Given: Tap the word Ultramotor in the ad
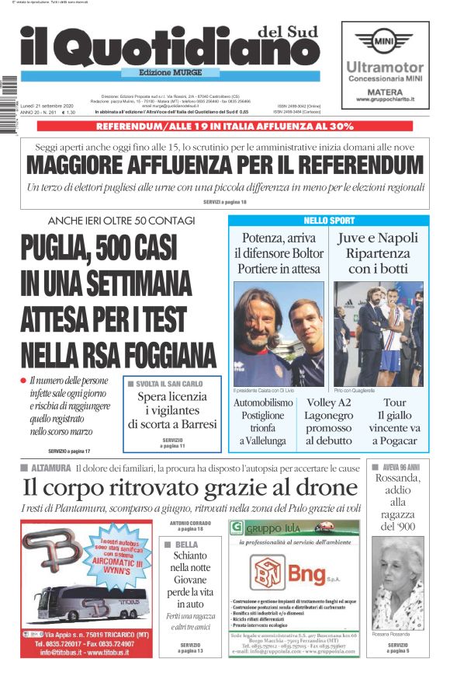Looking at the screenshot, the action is pos(385,68).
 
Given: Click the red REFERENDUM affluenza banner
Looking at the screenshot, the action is pos(225,125).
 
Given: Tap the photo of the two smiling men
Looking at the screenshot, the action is pos(279,333).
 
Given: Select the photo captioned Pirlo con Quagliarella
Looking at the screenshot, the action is pos(378,333).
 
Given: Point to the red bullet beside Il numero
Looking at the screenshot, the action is pos(23,380).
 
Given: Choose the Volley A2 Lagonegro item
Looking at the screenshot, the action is pos(328,422).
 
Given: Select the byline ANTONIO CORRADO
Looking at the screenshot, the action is pos(189,525).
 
